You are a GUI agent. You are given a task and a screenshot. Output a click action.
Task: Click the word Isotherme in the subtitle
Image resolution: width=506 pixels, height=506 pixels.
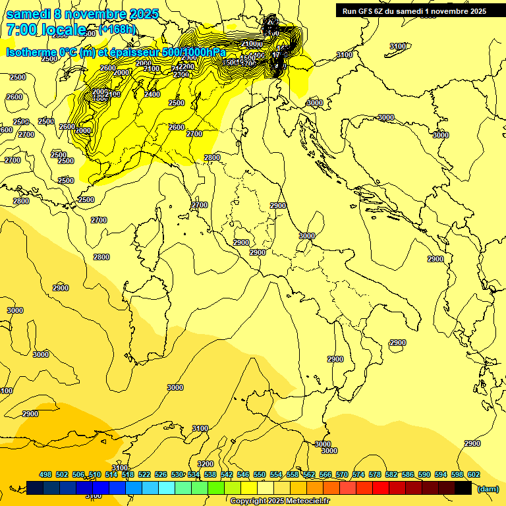pos(33,52)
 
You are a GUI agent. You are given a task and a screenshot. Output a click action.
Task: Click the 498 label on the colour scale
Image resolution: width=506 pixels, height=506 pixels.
pos(45,474)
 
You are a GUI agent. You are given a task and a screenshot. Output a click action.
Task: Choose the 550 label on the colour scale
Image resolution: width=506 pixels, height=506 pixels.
pos(260,474)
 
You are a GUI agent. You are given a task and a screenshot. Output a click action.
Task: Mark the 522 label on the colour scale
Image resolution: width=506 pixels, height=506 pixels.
pos(144,474)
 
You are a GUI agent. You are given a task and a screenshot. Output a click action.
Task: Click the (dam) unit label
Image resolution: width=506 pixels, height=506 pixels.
pos(488,488)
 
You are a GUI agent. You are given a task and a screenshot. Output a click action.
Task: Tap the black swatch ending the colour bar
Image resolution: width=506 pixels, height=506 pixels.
pos(463,488)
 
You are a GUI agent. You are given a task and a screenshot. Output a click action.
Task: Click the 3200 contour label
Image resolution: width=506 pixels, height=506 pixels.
pos(206,464)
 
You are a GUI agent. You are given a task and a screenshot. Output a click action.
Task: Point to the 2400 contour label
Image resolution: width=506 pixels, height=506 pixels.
pos(152,94)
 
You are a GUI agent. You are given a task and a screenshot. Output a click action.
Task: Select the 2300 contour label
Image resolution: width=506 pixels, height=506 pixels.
pos(181,74)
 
